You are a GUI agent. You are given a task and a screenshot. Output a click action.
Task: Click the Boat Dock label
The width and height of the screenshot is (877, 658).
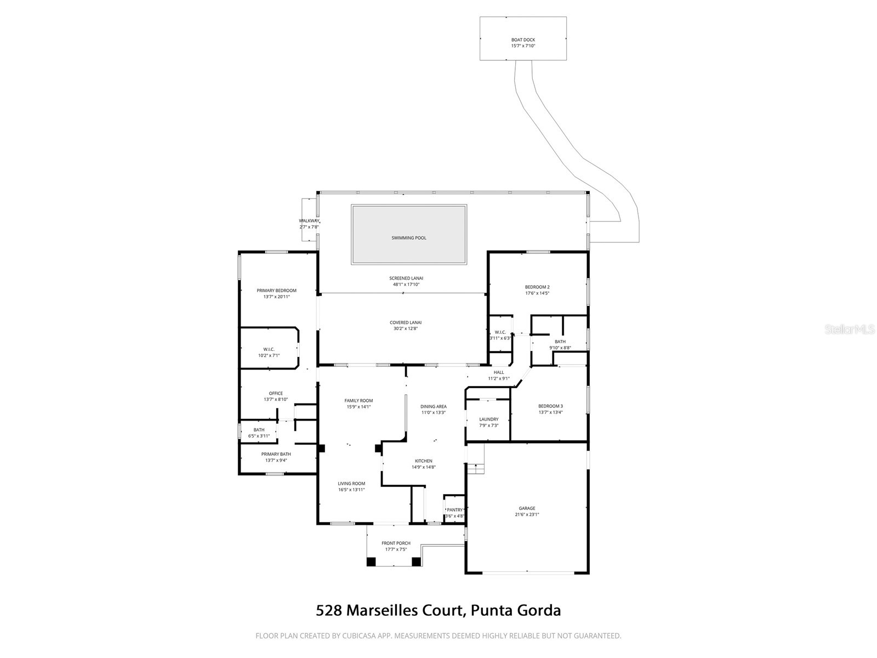pyautogui.click(x=523, y=40)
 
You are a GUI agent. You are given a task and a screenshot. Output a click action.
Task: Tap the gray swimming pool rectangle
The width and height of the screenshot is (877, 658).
pyautogui.click(x=409, y=235)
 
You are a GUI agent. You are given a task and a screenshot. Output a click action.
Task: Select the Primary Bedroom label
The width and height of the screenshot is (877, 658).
pyautogui.click(x=276, y=291)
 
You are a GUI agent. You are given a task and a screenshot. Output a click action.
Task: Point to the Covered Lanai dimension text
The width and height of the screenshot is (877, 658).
pyautogui.click(x=406, y=329)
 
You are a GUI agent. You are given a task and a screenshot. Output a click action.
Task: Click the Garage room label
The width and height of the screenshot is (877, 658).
pyautogui.click(x=527, y=508)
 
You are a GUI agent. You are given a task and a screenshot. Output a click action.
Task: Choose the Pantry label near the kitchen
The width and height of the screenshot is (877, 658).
pyautogui.click(x=454, y=510)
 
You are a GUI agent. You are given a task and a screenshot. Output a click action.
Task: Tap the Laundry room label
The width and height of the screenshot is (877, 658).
pyautogui.click(x=488, y=419)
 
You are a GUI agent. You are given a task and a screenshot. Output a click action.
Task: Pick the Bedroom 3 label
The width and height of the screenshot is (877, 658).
pyautogui.click(x=550, y=406)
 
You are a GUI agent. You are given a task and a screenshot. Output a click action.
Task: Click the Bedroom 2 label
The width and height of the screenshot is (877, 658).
pyautogui.click(x=537, y=287)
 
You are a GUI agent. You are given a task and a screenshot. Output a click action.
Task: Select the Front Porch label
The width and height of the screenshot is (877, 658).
pyautogui.click(x=396, y=543)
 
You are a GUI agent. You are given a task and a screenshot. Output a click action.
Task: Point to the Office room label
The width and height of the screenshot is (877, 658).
pyautogui.click(x=276, y=393)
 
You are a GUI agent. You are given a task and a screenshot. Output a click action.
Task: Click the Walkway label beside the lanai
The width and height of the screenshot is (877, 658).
pyautogui.click(x=309, y=221)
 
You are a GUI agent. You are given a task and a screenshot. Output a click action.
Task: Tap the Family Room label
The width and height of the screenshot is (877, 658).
pyautogui.click(x=358, y=401)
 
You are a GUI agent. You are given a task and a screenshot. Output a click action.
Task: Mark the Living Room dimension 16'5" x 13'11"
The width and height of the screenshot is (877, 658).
pyautogui.click(x=351, y=490)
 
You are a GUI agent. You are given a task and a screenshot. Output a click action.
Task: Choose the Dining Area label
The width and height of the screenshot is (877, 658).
pyautogui.click(x=433, y=407)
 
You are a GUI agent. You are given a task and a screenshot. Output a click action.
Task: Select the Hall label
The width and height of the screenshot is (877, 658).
pyautogui.click(x=498, y=372)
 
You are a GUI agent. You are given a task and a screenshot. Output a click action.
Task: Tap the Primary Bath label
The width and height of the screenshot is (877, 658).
pyautogui.click(x=276, y=454)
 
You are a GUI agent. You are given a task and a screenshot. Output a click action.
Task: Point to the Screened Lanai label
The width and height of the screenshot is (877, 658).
pyautogui.click(x=406, y=278)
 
